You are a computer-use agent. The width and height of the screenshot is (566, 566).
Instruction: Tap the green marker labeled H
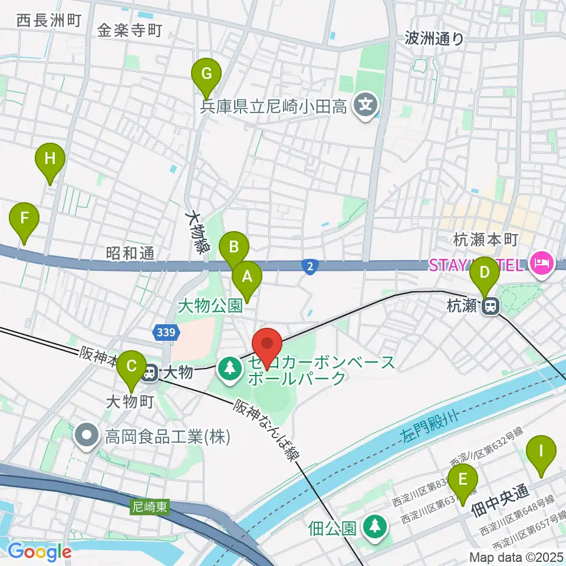pos(50,160)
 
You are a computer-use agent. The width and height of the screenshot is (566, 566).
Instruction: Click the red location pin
pos(267,344)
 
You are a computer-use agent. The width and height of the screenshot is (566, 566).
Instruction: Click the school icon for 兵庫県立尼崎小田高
pos(366,106)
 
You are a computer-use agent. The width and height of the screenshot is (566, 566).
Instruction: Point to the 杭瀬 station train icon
pos(489,305)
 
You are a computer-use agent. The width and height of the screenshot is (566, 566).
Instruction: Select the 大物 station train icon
pos(150,372)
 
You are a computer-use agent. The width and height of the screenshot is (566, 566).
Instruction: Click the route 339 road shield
pos(164,334)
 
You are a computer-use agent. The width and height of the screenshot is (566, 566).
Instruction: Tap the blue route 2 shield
pos(310,266)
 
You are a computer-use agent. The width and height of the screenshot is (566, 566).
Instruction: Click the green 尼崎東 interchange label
pos(149,506)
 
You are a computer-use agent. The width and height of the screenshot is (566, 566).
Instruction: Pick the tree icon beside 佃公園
pos(373,525)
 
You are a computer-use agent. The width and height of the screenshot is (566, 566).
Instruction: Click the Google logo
pos(39,551)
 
